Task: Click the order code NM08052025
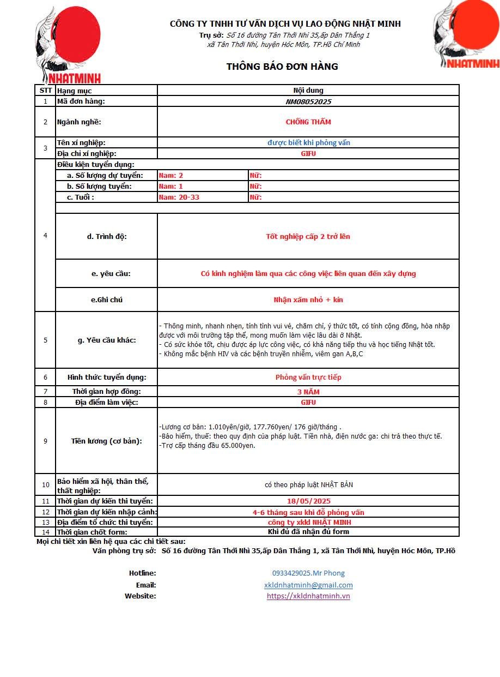308,101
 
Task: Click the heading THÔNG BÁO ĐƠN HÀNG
282,67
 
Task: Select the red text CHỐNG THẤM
308,122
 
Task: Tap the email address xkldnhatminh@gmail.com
308,585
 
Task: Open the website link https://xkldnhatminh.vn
308,596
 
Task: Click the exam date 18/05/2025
308,501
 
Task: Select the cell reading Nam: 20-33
179,197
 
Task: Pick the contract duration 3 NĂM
308,392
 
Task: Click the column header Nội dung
308,91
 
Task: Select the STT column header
45,91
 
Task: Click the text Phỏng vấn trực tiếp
308,377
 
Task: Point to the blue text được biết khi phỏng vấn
308,142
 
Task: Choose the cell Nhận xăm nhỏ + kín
308,299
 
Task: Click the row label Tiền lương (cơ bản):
106,441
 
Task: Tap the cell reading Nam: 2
171,175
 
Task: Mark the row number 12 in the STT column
45,512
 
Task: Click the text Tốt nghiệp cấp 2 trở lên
308,236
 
